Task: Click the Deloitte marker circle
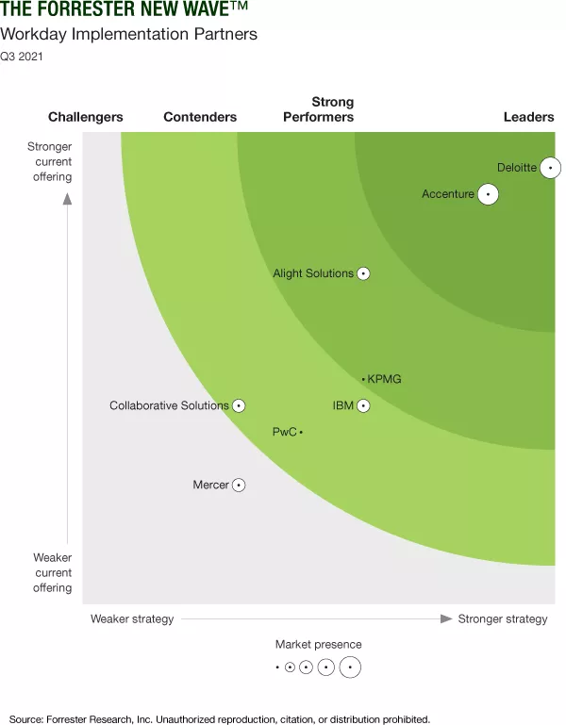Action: pyautogui.click(x=550, y=168)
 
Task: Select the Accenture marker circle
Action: pyautogui.click(x=488, y=194)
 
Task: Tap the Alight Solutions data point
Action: pyautogui.click(x=363, y=273)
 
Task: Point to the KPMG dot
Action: pyautogui.click(x=363, y=379)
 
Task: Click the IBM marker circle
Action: pyautogui.click(x=363, y=405)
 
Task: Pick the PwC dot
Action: pyautogui.click(x=301, y=432)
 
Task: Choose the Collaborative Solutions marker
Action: pyautogui.click(x=239, y=405)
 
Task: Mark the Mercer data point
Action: pyautogui.click(x=239, y=485)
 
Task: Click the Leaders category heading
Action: pyautogui.click(x=528, y=117)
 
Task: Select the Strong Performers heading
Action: pyautogui.click(x=319, y=109)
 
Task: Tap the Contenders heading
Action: pyautogui.click(x=200, y=117)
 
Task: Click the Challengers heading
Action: pyautogui.click(x=86, y=117)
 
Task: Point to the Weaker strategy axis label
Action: pyautogui.click(x=132, y=618)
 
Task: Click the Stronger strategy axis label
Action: pyautogui.click(x=502, y=618)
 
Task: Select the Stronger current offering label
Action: pyautogui.click(x=49, y=161)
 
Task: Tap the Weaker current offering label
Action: pyautogui.click(x=53, y=572)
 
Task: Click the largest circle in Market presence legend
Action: pyautogui.click(x=350, y=667)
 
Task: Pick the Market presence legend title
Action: pyautogui.click(x=319, y=644)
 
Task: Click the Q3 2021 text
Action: pyautogui.click(x=22, y=56)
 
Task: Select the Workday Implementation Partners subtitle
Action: pyautogui.click(x=129, y=35)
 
